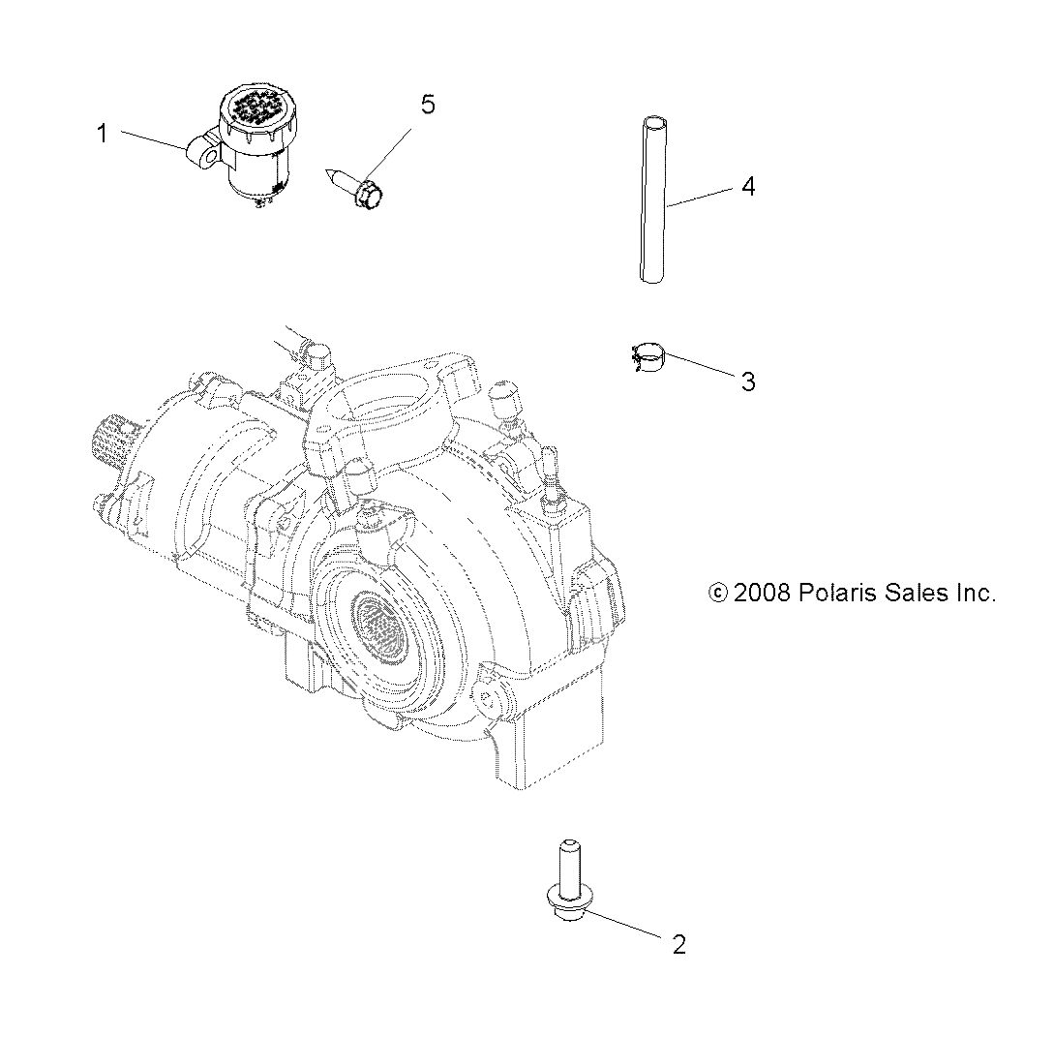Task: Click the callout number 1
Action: [x=103, y=134]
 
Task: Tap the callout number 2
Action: [x=678, y=944]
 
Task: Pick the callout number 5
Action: [x=427, y=105]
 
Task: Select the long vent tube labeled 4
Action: [x=654, y=199]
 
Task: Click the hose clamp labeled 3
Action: [x=647, y=359]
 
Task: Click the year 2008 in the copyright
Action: [x=763, y=594]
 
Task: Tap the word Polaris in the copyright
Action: [x=837, y=594]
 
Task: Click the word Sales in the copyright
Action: [x=915, y=594]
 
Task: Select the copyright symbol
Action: [x=718, y=594]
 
